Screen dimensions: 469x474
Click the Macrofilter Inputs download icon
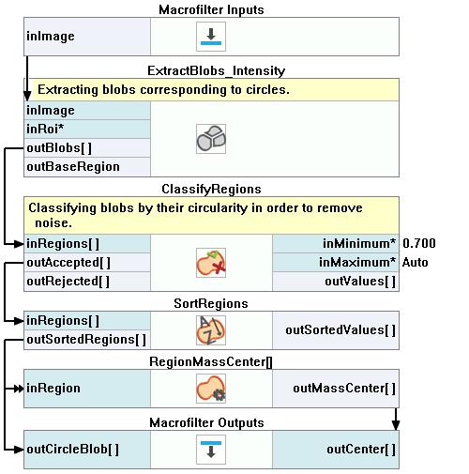pyautogui.click(x=211, y=37)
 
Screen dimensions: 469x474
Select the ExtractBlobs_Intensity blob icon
pyautogui.click(x=211, y=139)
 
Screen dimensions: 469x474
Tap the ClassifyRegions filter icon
pyautogui.click(x=211, y=263)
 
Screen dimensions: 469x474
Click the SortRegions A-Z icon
pyautogui.click(x=211, y=330)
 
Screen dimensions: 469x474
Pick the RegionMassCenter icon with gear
pyautogui.click(x=211, y=389)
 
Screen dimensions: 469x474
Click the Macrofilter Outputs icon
pyautogui.click(x=211, y=450)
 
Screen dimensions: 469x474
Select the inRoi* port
pyautogui.click(x=45, y=129)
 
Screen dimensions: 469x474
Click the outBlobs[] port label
pyautogui.click(x=59, y=147)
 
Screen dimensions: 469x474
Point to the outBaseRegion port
pyautogui.click(x=73, y=166)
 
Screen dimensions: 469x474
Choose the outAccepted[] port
pyautogui.click(x=68, y=263)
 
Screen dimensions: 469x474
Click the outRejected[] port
pyautogui.click(x=68, y=282)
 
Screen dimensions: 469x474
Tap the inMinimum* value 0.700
pyautogui.click(x=419, y=243)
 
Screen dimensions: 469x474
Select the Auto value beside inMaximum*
pyautogui.click(x=415, y=262)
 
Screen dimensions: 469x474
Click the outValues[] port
pyautogui.click(x=360, y=282)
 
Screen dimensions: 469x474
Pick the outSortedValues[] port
pyautogui.click(x=340, y=330)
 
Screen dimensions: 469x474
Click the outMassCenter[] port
pyautogui.click(x=344, y=389)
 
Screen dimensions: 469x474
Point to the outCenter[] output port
pyautogui.click(x=361, y=450)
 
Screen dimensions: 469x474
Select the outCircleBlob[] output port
pyautogui.click(x=72, y=450)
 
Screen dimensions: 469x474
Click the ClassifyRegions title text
pyautogui.click(x=211, y=190)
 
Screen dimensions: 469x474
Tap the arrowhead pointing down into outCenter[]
pyautogui.click(x=396, y=425)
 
